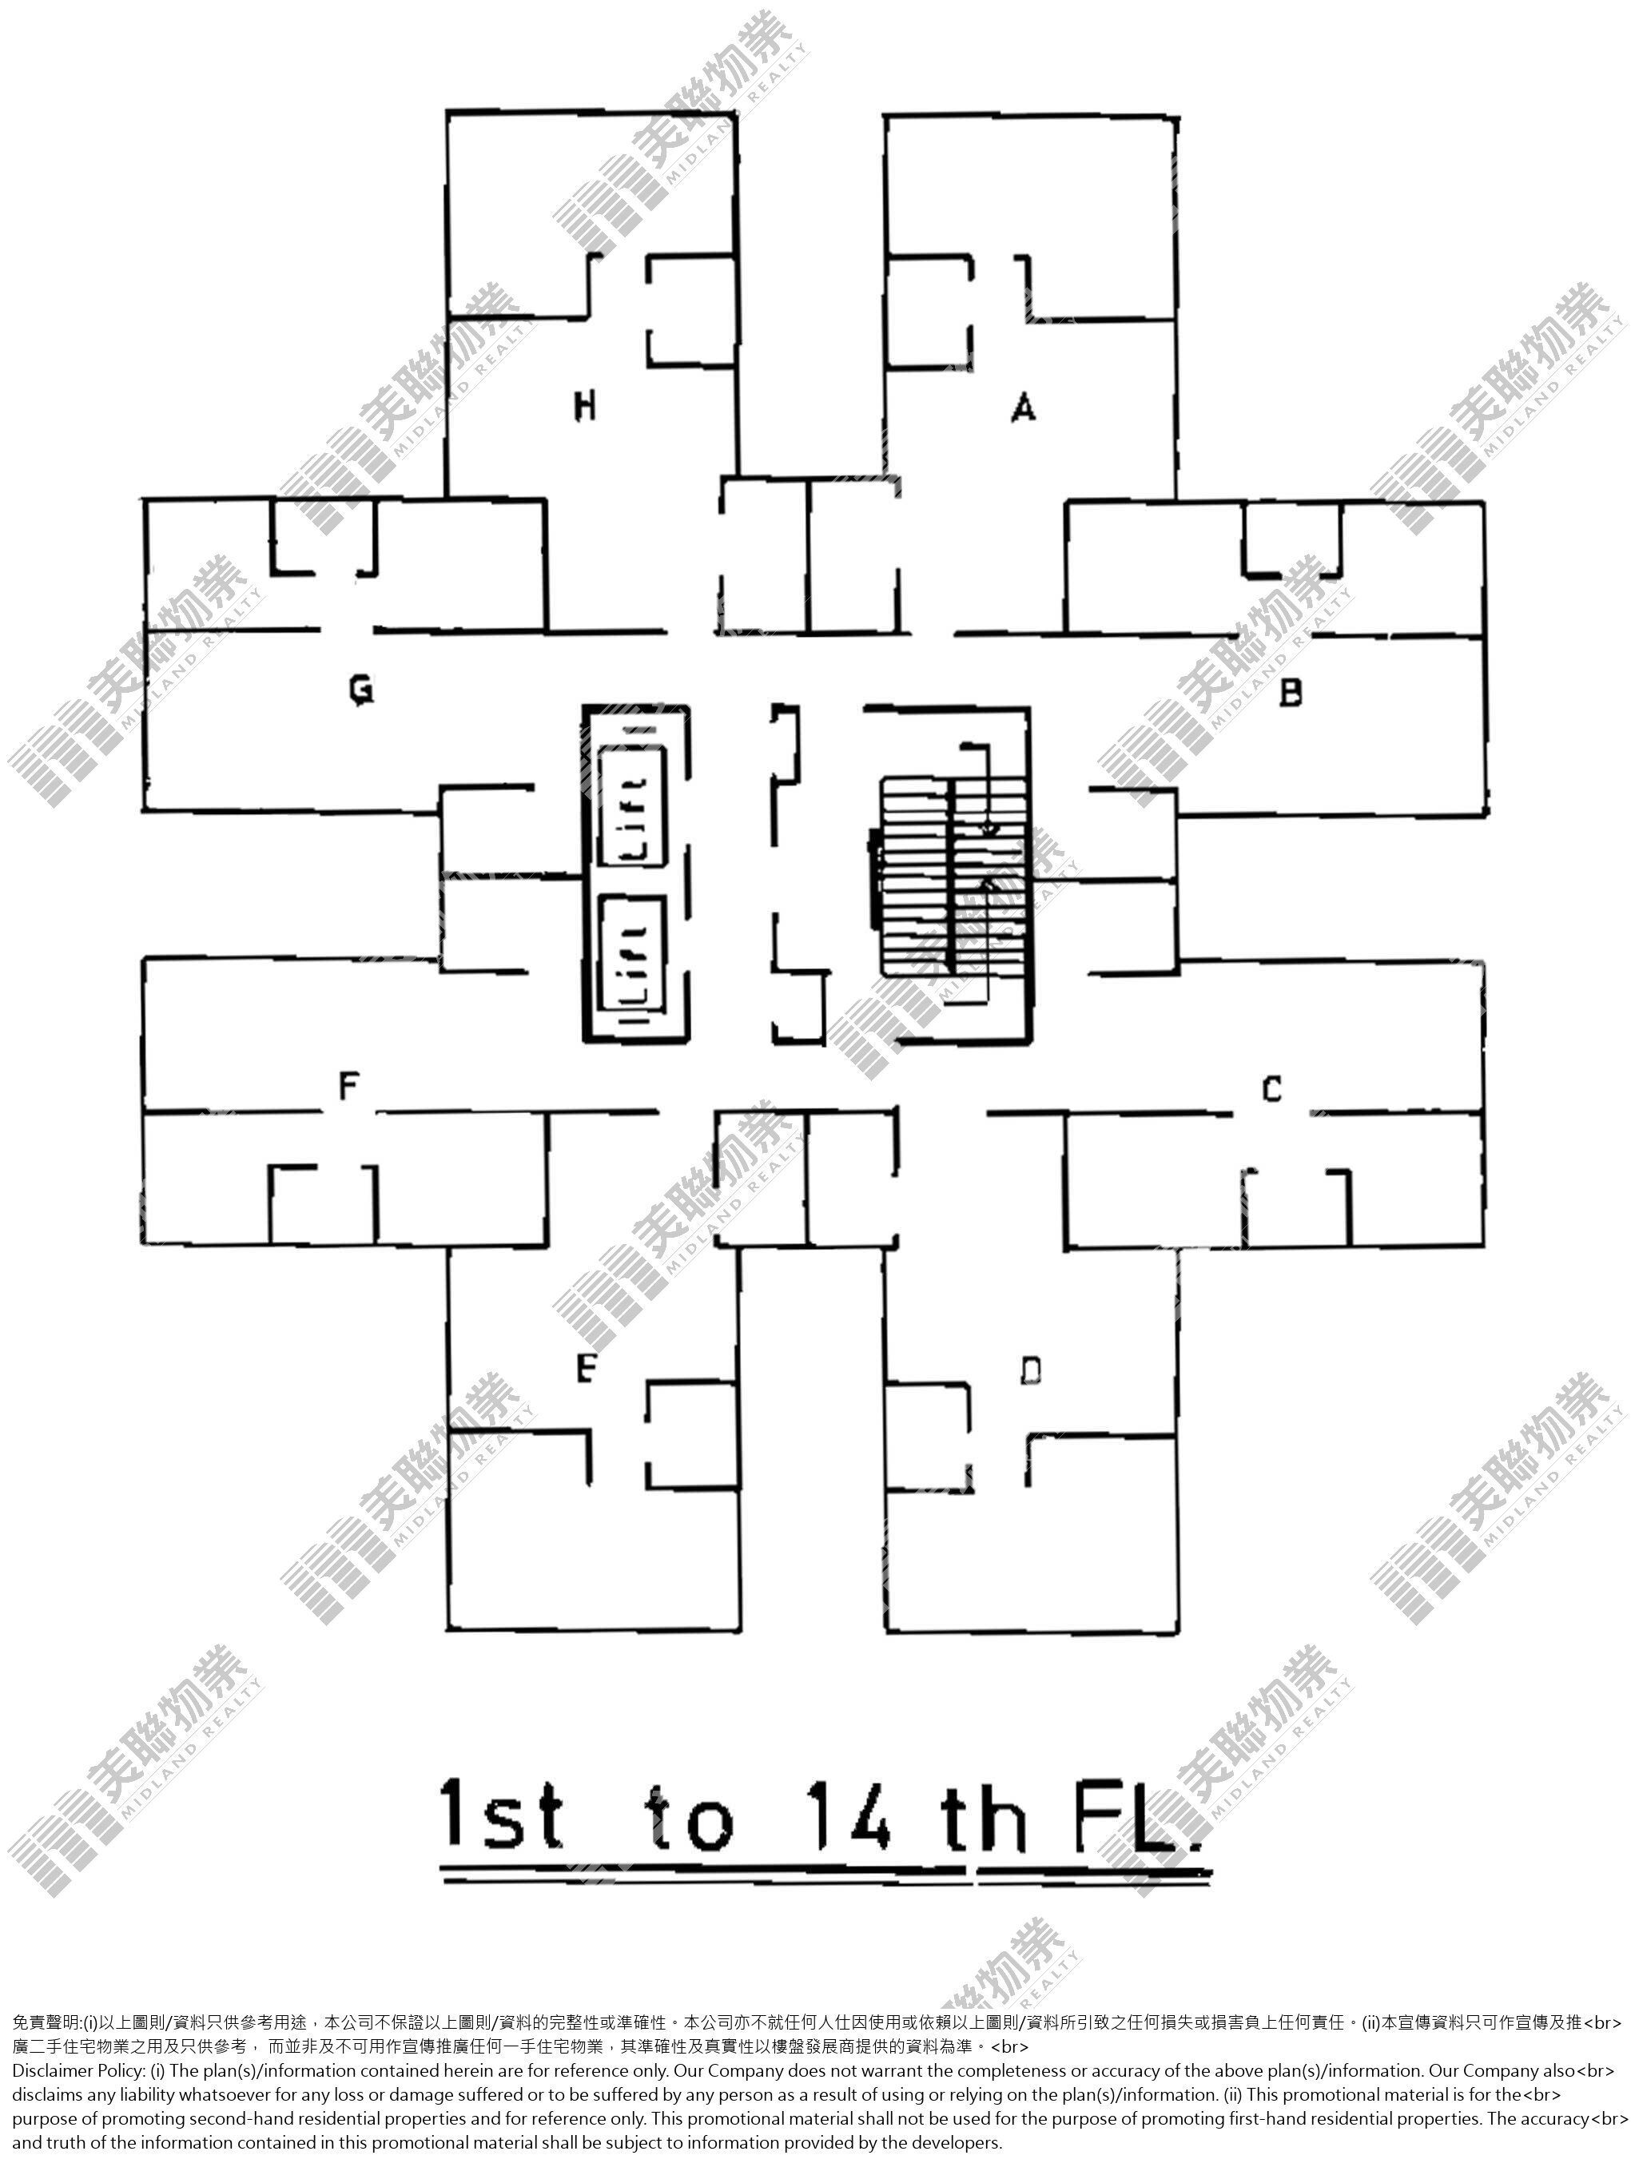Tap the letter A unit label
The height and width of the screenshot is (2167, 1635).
point(1023,406)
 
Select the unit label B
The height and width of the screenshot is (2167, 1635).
point(1291,693)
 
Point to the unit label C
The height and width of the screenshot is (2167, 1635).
point(1271,1088)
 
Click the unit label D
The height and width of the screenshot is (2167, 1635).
point(1031,1370)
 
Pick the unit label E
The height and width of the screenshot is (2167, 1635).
point(586,1368)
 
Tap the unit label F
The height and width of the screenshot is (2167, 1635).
point(348,1085)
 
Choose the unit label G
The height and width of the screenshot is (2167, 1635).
point(361,690)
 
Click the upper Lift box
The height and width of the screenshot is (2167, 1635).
point(632,806)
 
